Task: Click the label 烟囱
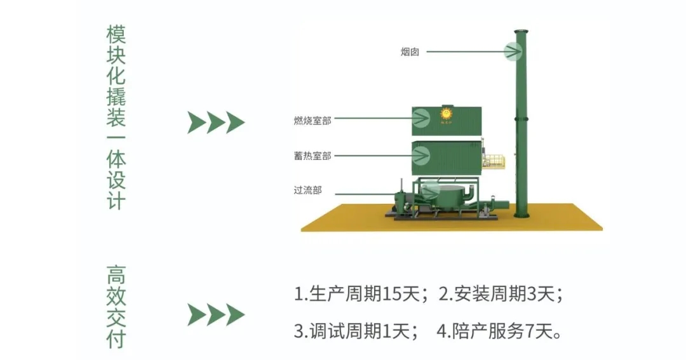(x=410, y=52)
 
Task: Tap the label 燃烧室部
(x=313, y=120)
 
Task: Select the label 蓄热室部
(x=313, y=156)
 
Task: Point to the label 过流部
(x=307, y=190)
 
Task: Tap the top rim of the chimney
(x=521, y=32)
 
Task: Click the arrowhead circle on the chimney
(x=513, y=51)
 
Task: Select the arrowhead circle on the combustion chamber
(x=421, y=117)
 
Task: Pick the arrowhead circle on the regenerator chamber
(x=421, y=155)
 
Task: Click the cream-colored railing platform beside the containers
(x=494, y=161)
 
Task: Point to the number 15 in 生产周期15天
(x=392, y=293)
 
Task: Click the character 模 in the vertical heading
(x=116, y=34)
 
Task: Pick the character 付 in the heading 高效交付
(x=116, y=339)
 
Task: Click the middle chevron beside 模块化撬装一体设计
(x=216, y=123)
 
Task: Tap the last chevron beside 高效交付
(x=236, y=315)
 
